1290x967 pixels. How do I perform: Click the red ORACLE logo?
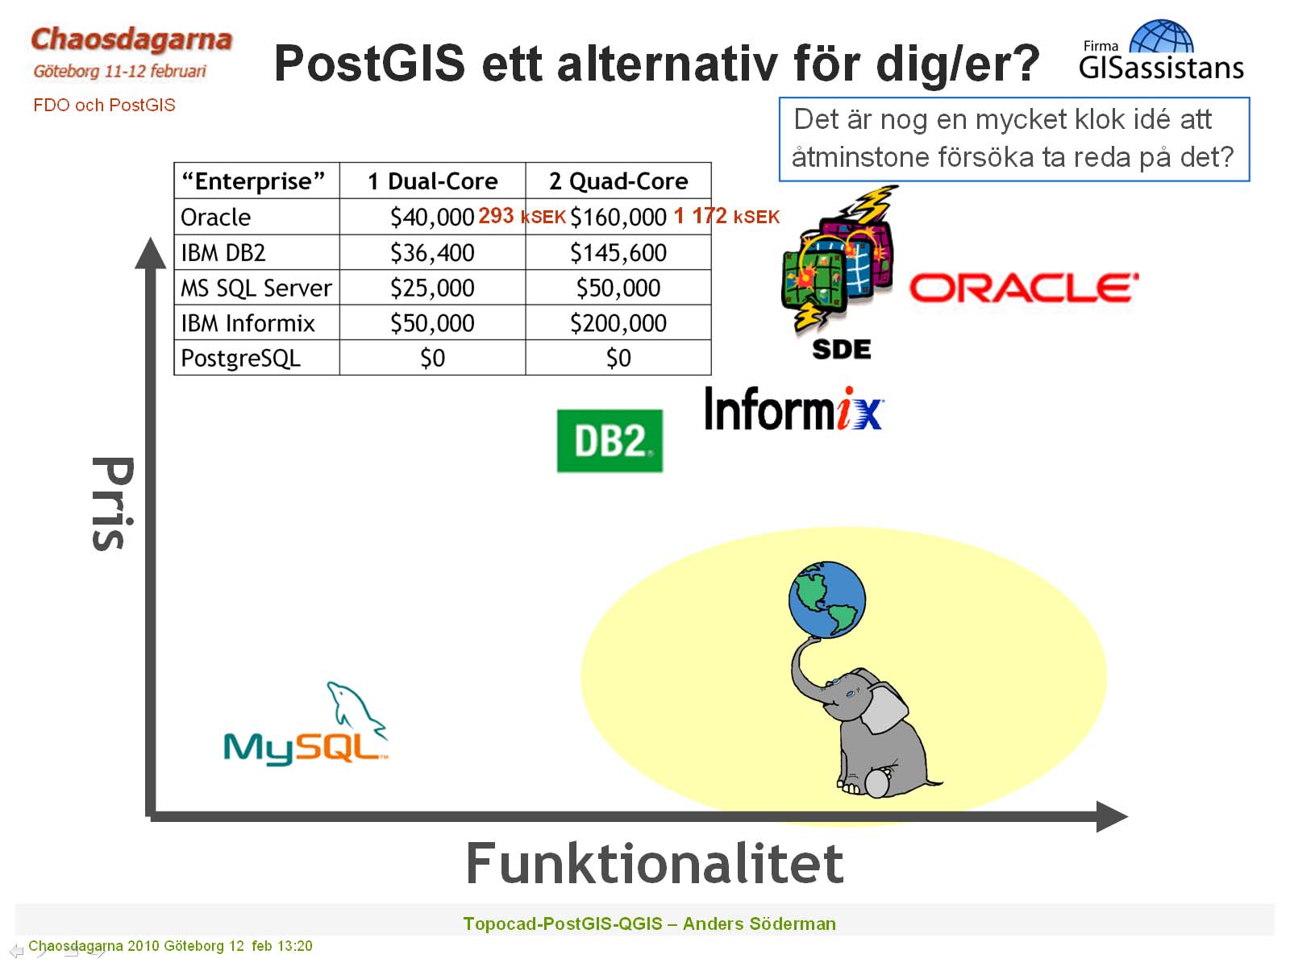pyautogui.click(x=1023, y=288)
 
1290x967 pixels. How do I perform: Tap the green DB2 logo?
pyautogui.click(x=610, y=440)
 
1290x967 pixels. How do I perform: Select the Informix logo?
pyautogui.click(x=793, y=409)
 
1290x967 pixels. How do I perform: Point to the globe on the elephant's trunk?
pyautogui.click(x=827, y=600)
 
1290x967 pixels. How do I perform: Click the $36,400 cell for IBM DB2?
pyautogui.click(x=432, y=253)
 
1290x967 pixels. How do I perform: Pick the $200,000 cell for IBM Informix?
pyautogui.click(x=618, y=323)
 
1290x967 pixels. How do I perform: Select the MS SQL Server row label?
pyautogui.click(x=256, y=288)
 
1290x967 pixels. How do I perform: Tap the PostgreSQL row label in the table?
pyautogui.click(x=241, y=358)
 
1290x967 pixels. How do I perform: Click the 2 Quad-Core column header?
pyautogui.click(x=618, y=181)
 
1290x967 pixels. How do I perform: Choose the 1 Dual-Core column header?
pyautogui.click(x=432, y=181)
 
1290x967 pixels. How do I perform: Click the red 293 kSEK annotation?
pyautogui.click(x=522, y=216)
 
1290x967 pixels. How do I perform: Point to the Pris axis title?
pyautogui.click(x=113, y=503)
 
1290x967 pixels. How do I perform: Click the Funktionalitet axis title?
pyautogui.click(x=655, y=863)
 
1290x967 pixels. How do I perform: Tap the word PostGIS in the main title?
pyautogui.click(x=369, y=63)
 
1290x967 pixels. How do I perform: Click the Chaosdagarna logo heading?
pyautogui.click(x=131, y=39)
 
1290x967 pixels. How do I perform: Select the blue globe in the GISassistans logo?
pyautogui.click(x=1161, y=36)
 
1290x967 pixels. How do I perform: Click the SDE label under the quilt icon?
pyautogui.click(x=841, y=350)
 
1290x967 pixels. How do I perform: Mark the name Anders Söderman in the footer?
pyautogui.click(x=759, y=923)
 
